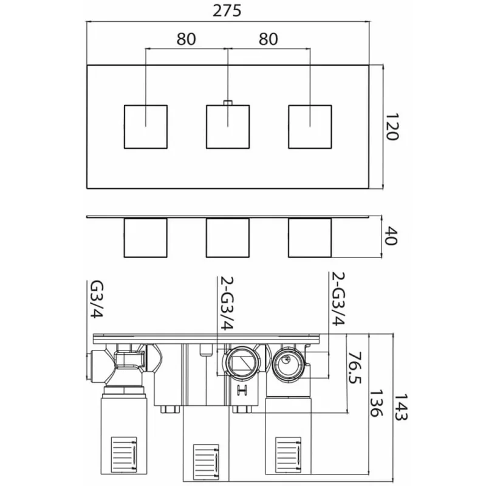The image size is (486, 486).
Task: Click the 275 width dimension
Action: pos(227,11)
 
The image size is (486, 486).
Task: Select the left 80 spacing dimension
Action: pos(187,39)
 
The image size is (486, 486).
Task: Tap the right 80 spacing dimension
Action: pos(269,39)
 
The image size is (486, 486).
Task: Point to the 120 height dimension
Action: pos(392,126)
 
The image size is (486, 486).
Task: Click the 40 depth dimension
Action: pos(391,236)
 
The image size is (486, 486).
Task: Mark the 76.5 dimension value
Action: pos(355,368)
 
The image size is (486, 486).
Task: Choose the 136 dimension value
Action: pos(377,403)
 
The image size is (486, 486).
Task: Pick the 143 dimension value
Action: pos(401,407)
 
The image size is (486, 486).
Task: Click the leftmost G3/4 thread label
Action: pos(96,299)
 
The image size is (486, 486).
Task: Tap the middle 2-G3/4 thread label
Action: pos(227,303)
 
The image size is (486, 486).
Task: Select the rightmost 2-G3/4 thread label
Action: pos(338,298)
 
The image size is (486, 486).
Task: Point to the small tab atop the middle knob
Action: pos(228,103)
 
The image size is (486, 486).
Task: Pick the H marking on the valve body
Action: pos(242,390)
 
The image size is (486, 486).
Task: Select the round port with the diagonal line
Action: pos(241,363)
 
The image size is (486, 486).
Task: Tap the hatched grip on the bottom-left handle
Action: pos(124,454)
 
